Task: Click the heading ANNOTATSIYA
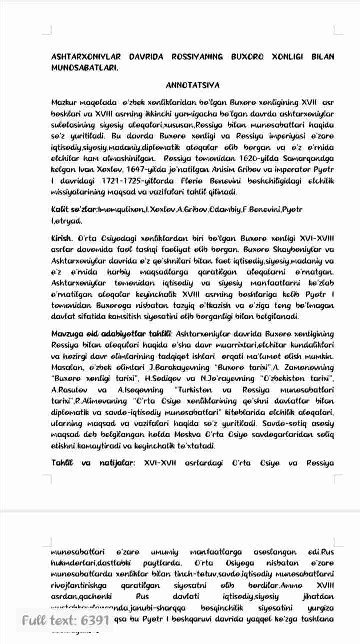193,85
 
